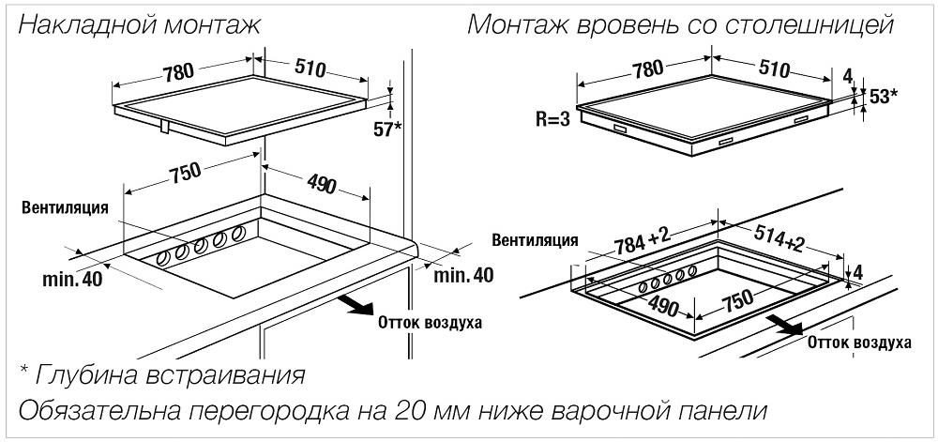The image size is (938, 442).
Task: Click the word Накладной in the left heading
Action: (x=85, y=24)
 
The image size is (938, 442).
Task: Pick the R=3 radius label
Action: (x=552, y=119)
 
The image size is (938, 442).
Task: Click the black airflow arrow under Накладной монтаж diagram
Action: (x=356, y=304)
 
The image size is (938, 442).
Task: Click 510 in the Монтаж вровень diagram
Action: (x=772, y=69)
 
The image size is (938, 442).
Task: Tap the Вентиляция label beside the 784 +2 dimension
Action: (x=535, y=240)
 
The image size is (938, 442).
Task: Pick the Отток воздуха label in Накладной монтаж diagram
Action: (x=430, y=323)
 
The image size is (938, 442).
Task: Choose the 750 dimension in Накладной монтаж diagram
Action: (x=183, y=174)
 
